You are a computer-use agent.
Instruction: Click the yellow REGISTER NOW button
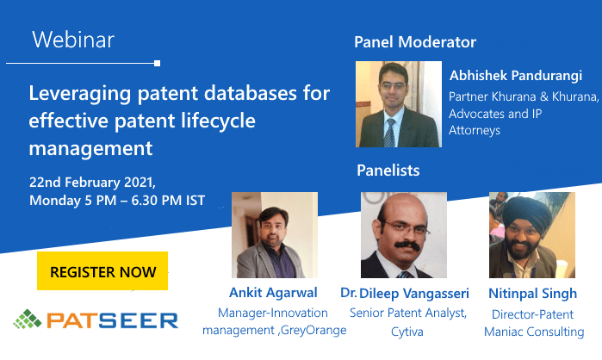point(102,271)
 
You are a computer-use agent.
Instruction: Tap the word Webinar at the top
point(73,40)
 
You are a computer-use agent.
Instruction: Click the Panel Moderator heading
point(415,42)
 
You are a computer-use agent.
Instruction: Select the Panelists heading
point(388,170)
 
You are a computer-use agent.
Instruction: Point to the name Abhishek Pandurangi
point(516,76)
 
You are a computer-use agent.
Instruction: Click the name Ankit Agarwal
point(273,293)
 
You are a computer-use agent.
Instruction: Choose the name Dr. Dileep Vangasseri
point(405,293)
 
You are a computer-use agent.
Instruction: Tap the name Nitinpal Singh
point(532,294)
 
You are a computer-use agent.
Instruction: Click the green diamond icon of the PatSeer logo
point(28,319)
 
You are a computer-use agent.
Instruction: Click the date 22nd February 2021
point(92,183)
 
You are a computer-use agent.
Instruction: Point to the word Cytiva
point(407,332)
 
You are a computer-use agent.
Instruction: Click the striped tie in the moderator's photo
point(389,133)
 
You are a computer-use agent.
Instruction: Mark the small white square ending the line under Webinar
point(157,64)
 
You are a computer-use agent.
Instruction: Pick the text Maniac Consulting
point(534,332)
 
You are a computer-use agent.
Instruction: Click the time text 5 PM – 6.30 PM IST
point(145,201)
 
